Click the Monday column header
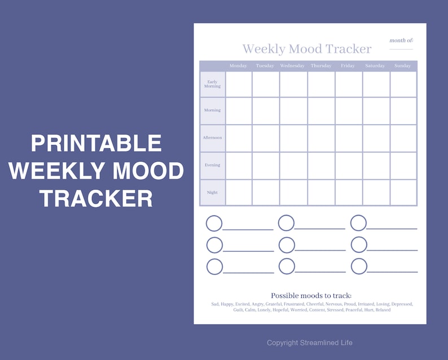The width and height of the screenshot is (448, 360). (x=238, y=66)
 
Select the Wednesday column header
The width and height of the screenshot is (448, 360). (x=292, y=66)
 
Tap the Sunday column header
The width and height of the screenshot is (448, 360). (x=402, y=66)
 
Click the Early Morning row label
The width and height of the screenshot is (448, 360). (x=212, y=84)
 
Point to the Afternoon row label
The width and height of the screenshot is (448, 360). (x=212, y=138)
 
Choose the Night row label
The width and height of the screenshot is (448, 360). (x=212, y=192)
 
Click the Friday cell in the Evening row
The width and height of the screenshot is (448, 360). (x=348, y=165)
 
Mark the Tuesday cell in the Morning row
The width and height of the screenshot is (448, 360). (x=265, y=111)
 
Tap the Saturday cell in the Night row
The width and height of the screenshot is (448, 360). (x=375, y=192)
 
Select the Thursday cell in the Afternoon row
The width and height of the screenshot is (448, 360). (x=320, y=138)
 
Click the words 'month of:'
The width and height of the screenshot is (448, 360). (x=401, y=41)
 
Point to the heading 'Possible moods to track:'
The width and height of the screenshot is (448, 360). (x=311, y=296)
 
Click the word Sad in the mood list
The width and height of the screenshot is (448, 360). (x=214, y=304)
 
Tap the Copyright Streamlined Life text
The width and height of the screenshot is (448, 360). (x=310, y=343)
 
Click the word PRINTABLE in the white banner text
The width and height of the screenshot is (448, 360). (x=96, y=143)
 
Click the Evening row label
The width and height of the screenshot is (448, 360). (x=212, y=165)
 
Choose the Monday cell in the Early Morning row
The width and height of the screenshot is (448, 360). (x=238, y=84)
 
